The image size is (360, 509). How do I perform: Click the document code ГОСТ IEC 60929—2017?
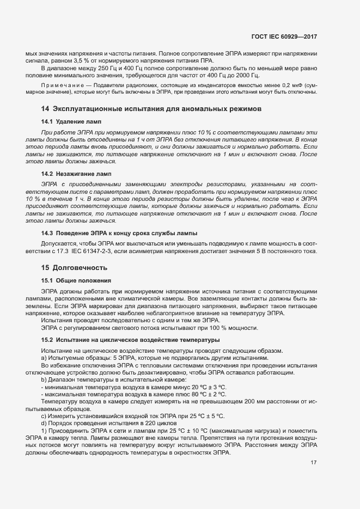click(284, 36)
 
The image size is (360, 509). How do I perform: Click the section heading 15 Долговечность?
click(74, 267)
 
